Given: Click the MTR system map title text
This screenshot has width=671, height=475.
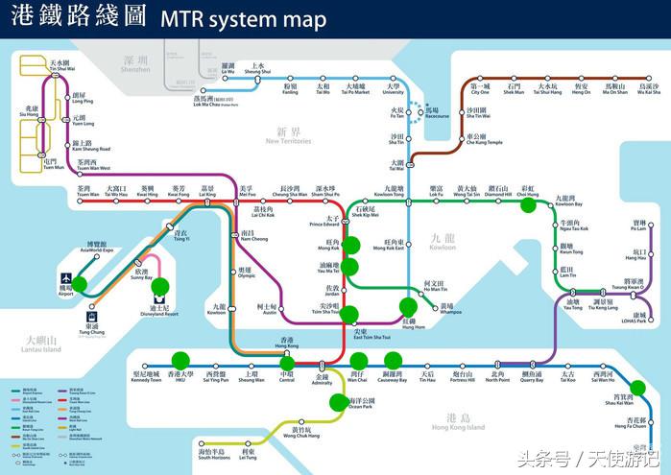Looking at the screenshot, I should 243,19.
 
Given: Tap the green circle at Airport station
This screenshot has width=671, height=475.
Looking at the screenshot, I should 79,284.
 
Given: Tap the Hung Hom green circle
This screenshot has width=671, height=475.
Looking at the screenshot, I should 409,307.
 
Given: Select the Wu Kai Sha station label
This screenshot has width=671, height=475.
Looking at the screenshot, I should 650,89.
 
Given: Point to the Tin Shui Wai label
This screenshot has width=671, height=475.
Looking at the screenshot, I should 36,65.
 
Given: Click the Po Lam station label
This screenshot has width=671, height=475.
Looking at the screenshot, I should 638,226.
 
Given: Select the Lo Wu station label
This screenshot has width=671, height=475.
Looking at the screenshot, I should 228,68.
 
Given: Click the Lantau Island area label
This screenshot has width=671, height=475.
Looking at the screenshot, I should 44,344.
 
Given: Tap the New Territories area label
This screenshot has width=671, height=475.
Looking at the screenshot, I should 288,137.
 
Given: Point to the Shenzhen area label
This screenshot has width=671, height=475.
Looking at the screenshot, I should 136,64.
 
